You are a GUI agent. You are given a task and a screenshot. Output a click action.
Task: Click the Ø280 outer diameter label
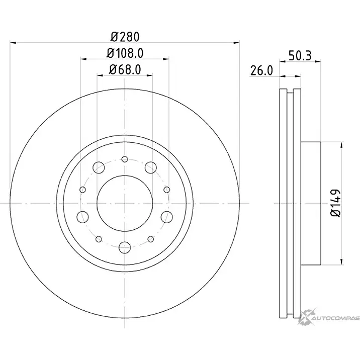click(125, 37)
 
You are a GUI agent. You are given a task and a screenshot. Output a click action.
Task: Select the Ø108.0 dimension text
click(125, 53)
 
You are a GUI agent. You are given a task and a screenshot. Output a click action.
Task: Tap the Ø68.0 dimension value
click(125, 69)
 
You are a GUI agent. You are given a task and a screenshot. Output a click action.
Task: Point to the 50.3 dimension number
click(300, 56)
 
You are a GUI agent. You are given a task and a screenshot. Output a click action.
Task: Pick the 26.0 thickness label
click(261, 70)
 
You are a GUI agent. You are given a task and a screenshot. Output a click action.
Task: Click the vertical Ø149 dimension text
click(336, 203)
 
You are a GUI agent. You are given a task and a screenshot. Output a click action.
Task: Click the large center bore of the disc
click(125, 204)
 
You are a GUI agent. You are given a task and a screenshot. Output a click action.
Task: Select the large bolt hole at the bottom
click(125, 247)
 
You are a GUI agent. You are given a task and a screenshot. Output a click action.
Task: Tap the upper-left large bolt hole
click(99, 167)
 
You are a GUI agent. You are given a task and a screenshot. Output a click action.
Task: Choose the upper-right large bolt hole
click(151, 167)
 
